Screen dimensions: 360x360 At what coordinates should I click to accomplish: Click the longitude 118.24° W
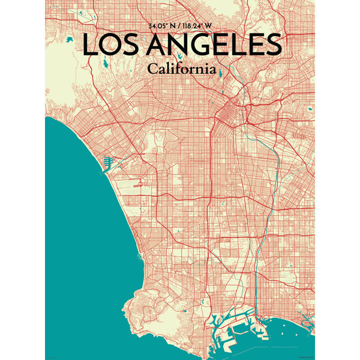(200, 26)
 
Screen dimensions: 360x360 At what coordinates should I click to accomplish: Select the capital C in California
(152, 68)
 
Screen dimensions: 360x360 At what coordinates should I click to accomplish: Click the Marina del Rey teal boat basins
(109, 161)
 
